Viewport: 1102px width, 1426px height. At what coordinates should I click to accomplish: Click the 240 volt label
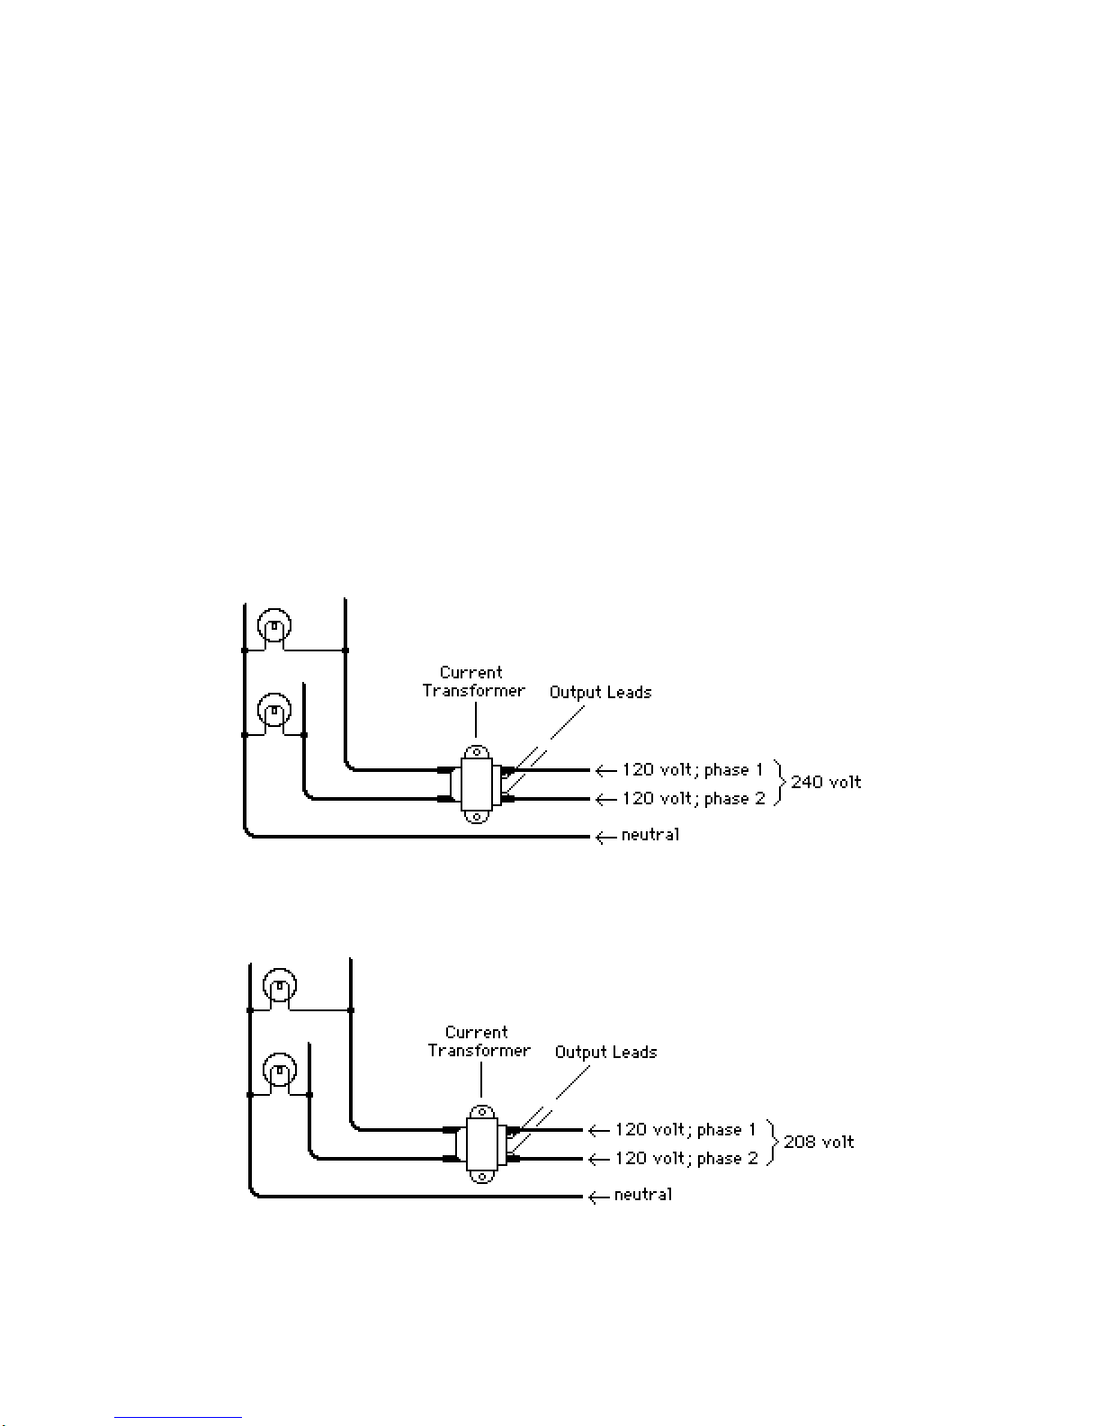826,782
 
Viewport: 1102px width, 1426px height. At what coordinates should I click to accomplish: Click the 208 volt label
819,1142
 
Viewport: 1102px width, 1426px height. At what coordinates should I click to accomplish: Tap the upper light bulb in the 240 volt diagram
274,626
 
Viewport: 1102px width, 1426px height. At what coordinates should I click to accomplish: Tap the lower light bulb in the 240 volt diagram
274,711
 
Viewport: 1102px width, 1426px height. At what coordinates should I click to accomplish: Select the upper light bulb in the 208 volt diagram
280,986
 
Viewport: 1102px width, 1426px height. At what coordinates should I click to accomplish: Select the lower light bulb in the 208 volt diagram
280,1071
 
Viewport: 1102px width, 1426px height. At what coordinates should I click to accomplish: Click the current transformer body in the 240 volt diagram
476,785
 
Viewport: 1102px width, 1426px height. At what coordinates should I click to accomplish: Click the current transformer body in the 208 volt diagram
481,1144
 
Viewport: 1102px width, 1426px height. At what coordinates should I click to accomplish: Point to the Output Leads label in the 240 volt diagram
600,693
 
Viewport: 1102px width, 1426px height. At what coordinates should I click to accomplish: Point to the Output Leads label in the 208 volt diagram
605,1052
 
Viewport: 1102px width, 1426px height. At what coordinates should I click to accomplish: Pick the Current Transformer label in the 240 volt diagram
473,681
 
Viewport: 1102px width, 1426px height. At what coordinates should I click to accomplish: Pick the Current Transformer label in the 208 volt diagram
479,1041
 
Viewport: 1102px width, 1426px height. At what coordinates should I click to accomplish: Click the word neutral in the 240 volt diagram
650,834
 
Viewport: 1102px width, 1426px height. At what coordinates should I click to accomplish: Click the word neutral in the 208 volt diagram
643,1195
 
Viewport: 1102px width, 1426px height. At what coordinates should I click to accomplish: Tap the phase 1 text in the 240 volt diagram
733,770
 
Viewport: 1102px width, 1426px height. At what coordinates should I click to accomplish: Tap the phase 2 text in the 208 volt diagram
727,1159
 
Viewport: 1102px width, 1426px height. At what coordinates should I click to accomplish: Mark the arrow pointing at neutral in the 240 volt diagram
605,837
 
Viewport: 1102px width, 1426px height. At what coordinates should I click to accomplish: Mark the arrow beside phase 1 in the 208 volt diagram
599,1131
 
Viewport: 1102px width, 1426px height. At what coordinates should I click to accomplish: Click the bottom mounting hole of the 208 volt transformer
482,1178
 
